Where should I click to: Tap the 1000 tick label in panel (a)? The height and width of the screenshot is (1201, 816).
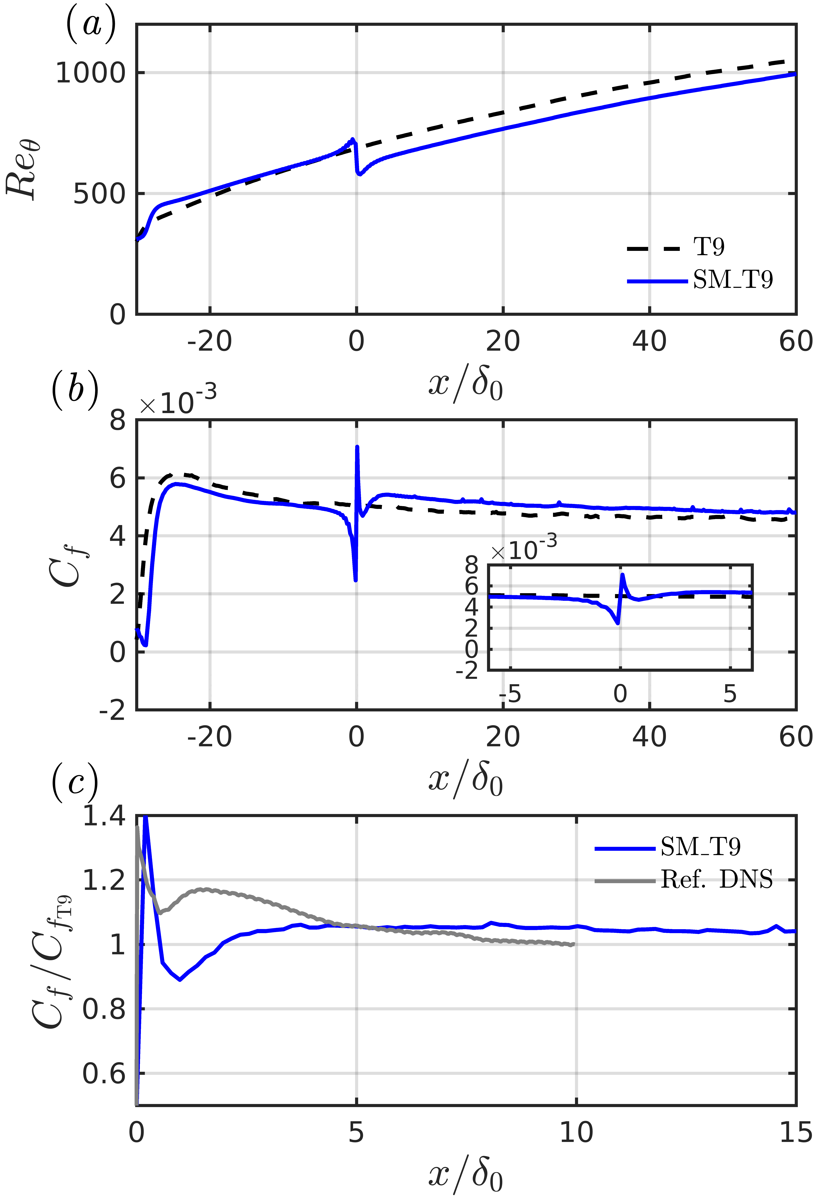90,73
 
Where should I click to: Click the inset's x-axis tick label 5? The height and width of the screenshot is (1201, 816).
730,694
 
